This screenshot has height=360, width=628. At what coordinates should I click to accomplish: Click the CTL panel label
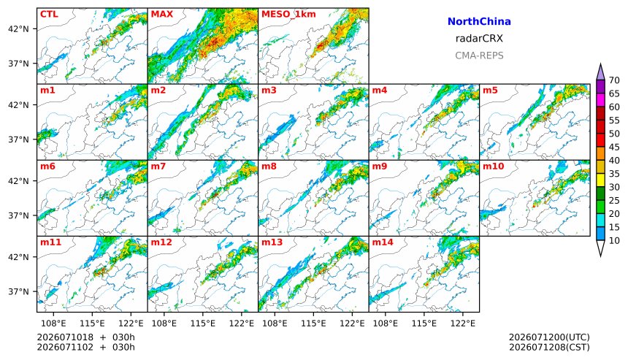coord(49,15)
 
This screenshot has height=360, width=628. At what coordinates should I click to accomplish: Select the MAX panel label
coord(162,15)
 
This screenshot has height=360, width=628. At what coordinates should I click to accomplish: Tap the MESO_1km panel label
coord(288,15)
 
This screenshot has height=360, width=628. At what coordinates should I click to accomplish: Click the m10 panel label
coord(493,166)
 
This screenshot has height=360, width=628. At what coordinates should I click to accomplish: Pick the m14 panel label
coord(383,242)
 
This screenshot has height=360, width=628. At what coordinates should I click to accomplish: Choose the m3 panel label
coord(269,90)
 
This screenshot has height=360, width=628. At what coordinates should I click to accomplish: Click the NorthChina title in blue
coord(479,22)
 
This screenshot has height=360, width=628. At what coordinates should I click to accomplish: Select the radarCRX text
coord(479,39)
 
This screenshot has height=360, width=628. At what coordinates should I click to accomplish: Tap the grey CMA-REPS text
coord(479,55)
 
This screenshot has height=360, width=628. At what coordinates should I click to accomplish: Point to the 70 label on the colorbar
coord(614,80)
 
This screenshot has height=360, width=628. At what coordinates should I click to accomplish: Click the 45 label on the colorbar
coord(614,147)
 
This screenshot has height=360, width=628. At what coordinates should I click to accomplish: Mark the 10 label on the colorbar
coord(614,241)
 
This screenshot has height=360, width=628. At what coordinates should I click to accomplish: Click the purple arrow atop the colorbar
coord(600,72)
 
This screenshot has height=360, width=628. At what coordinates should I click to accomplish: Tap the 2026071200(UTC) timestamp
coord(549,337)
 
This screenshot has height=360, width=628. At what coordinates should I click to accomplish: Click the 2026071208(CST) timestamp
coord(549,347)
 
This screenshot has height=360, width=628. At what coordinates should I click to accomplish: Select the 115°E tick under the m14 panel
coord(424,323)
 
